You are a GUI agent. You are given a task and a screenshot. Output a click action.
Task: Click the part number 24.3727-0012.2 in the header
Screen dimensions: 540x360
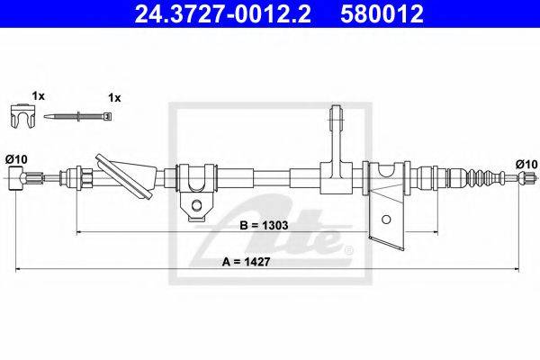222,14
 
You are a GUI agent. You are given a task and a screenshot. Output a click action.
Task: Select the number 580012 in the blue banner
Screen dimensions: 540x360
382,14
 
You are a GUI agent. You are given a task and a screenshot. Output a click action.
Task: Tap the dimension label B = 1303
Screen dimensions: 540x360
264,225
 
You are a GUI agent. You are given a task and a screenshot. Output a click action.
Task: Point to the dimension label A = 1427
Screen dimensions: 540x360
246,262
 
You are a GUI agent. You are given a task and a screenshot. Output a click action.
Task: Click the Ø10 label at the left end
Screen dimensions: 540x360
16,159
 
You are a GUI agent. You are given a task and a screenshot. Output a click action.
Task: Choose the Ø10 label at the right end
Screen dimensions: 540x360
526,164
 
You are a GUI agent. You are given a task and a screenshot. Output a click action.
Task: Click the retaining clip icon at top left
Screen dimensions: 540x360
22,116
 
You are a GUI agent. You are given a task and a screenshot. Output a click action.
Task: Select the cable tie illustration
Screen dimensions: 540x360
77,116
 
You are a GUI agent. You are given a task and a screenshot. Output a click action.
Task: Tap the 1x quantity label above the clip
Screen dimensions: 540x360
39,96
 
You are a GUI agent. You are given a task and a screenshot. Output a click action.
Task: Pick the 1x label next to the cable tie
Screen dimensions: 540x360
114,98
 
